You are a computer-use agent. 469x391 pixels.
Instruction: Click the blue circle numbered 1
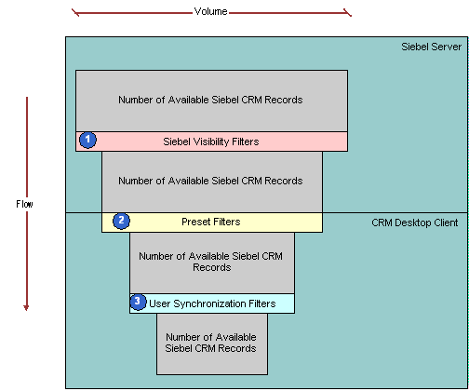[87, 140]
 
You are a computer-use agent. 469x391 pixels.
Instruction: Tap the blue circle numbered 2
[121, 221]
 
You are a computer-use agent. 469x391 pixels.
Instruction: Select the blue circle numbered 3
[138, 302]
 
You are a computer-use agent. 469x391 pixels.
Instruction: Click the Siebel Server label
[431, 47]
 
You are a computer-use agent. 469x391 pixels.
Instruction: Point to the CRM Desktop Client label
[415, 222]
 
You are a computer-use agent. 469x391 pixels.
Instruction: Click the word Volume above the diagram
[210, 11]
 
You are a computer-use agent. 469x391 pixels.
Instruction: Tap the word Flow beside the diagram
[24, 204]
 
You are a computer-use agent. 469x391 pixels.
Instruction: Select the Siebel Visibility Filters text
[211, 142]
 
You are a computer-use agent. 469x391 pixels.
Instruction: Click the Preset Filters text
[211, 222]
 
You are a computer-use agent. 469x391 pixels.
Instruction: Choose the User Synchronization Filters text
[212, 303]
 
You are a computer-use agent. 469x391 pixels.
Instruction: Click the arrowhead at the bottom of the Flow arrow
[26, 307]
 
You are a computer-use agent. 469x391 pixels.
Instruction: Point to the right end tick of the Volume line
[348, 13]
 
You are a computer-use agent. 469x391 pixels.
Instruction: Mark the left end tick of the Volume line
[75, 13]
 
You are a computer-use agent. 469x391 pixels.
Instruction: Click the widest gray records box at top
[211, 101]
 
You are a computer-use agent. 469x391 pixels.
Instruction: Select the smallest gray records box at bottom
[212, 344]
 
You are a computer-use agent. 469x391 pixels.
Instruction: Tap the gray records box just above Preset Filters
[212, 182]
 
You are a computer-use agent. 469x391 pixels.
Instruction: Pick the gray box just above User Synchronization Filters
[212, 263]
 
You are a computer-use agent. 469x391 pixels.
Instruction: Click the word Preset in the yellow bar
[194, 222]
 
